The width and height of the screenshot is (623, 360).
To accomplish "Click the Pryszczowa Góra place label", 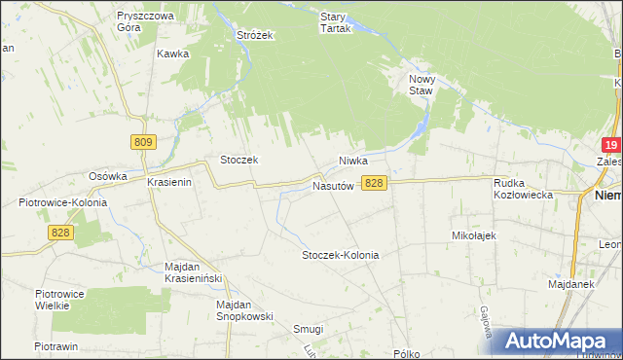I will coord(144,22).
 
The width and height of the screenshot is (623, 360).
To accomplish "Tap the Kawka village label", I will coord(171,54).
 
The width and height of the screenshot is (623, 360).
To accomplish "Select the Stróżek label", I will coord(256,35).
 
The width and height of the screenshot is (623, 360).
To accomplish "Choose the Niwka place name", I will coord(356,160).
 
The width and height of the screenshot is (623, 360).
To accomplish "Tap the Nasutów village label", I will coord(332,185).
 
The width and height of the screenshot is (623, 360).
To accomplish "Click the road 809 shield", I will coord(142,142).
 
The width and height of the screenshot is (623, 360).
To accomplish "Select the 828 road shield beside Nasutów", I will coord(375,183).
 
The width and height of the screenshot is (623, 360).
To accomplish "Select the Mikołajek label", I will coord(475,235).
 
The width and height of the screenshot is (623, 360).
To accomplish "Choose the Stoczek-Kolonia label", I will coord(340,255).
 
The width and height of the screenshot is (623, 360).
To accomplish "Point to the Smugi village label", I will coord(308,329).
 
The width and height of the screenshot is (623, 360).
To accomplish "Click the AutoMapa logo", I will coord(558,341).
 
